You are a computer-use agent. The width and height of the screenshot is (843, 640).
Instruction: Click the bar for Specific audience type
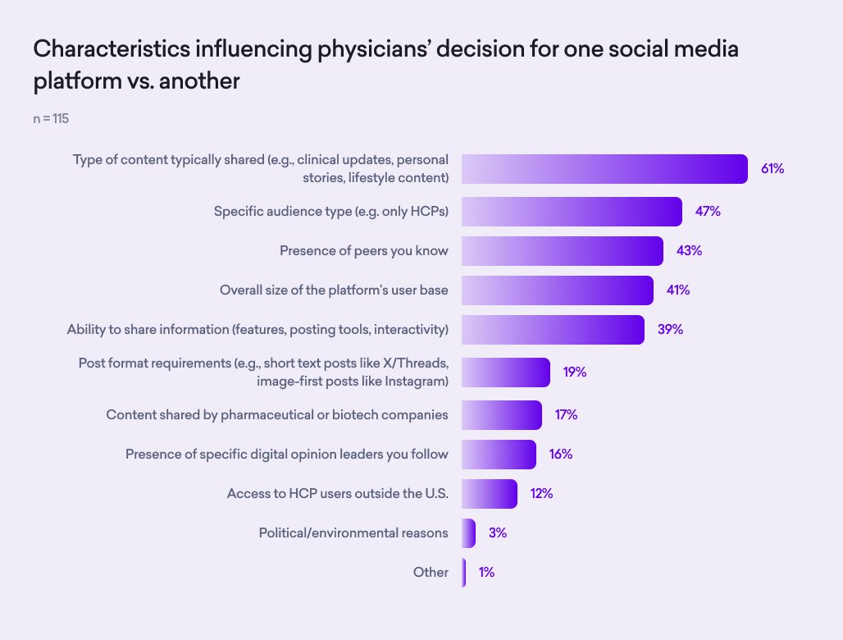572,212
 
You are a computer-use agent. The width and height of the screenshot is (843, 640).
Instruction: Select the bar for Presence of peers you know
562,251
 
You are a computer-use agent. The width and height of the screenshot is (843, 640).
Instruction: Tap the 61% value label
772,169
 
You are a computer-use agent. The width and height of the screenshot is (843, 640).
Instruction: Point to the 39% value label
670,330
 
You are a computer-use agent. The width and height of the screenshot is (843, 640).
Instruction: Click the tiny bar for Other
464,573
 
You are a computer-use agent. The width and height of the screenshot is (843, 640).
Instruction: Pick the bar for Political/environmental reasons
468,533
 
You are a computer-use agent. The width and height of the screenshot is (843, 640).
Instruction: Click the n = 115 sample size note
51,119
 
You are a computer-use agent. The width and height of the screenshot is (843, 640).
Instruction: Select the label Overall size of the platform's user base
334,290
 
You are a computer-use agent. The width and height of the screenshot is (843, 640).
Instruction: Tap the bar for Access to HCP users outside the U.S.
489,494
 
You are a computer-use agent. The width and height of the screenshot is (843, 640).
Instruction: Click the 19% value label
575,373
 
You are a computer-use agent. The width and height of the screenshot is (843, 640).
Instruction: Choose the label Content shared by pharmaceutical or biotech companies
277,414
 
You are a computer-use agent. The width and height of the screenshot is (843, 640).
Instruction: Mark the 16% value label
561,455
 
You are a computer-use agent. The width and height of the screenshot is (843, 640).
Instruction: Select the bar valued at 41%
557,290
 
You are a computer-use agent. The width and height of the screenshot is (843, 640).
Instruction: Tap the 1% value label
486,573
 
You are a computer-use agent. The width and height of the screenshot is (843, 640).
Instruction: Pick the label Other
431,573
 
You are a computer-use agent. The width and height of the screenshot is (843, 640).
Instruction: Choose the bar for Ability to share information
552,330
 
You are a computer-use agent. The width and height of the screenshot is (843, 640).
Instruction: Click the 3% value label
497,533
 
